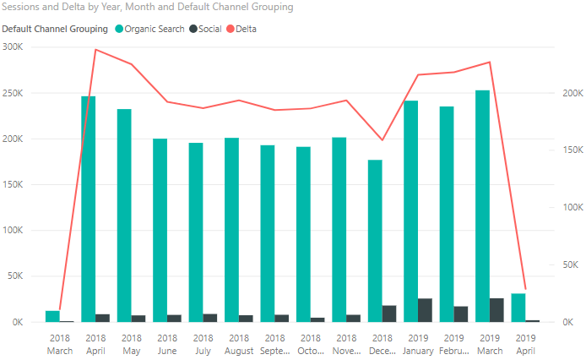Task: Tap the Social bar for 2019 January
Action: (x=425, y=310)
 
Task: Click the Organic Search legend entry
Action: (x=154, y=29)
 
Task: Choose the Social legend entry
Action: (x=209, y=29)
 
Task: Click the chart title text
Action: (x=149, y=8)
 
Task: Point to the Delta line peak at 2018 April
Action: (x=95, y=49)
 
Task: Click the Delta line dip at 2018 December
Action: (x=382, y=140)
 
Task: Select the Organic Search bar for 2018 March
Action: (x=52, y=316)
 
